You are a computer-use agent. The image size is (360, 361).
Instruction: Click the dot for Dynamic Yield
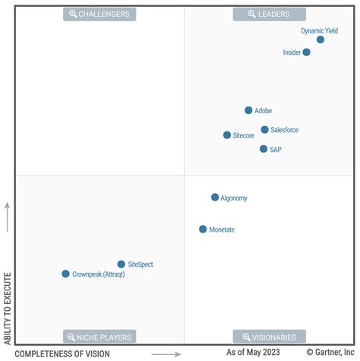(x=321, y=40)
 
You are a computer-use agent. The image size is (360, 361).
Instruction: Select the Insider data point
(x=306, y=52)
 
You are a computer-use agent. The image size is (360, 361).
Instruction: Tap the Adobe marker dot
(x=248, y=110)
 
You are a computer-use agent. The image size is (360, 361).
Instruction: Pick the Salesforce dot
(x=264, y=130)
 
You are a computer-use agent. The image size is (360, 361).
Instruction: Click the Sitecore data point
(x=227, y=135)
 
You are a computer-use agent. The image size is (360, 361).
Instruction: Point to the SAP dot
(x=264, y=149)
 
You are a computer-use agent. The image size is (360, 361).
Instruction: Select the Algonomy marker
(x=215, y=198)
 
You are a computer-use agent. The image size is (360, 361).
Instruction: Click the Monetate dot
(x=203, y=229)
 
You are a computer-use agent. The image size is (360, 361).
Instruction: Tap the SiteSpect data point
(x=121, y=264)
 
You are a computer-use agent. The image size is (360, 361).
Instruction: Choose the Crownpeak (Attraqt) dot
(x=65, y=274)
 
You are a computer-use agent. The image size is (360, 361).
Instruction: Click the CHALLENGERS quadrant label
(x=99, y=14)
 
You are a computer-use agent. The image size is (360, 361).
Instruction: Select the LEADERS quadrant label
(x=270, y=14)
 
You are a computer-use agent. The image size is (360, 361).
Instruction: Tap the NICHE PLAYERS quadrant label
(x=99, y=337)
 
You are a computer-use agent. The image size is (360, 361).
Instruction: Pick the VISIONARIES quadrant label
(x=270, y=337)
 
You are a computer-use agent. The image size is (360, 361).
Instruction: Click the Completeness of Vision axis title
(x=62, y=353)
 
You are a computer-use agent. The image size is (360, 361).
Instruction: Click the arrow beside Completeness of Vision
(x=166, y=354)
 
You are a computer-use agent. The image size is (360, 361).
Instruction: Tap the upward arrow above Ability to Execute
(x=8, y=217)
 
